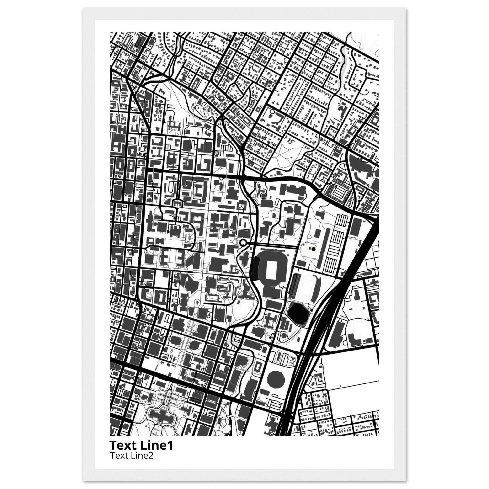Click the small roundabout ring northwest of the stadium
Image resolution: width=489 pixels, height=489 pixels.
[x=243, y=243]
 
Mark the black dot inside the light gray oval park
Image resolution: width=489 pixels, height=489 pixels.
[x=313, y=249]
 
